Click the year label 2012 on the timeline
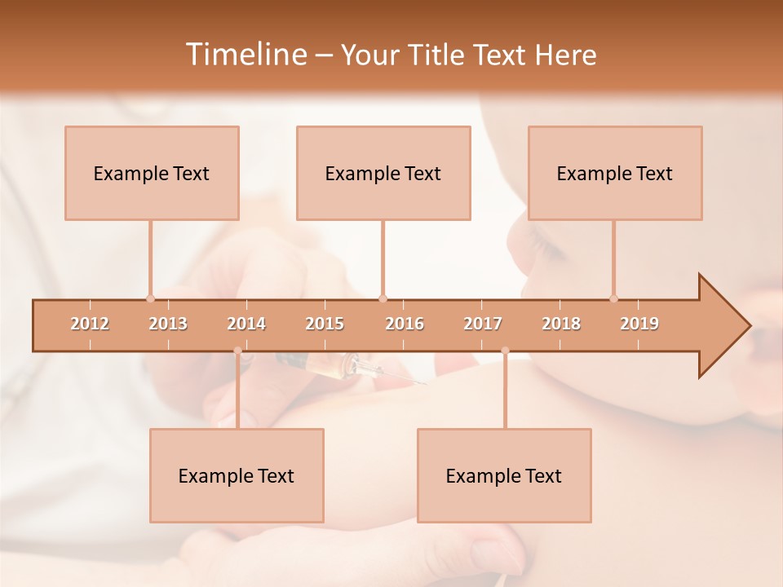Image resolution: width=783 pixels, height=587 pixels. pyautogui.click(x=90, y=324)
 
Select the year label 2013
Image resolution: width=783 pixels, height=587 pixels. pyautogui.click(x=168, y=324)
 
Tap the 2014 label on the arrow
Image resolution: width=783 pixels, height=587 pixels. pyautogui.click(x=246, y=324)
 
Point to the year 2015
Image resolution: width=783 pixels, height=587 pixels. pyautogui.click(x=325, y=324)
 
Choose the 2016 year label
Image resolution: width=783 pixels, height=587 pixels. pyautogui.click(x=405, y=324)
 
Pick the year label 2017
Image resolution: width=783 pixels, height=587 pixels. pyautogui.click(x=483, y=324)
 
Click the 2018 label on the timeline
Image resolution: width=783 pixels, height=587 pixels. pyautogui.click(x=561, y=324)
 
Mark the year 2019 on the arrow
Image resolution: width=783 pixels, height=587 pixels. pyautogui.click(x=639, y=324)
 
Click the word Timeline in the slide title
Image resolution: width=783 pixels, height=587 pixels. pyautogui.click(x=245, y=55)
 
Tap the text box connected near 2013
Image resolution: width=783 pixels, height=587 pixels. pyautogui.click(x=152, y=173)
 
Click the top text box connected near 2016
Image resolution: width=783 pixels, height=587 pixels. pyautogui.click(x=383, y=173)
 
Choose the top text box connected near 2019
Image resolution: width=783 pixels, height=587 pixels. pyautogui.click(x=615, y=173)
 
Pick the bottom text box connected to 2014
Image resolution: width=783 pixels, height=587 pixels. pyautogui.click(x=237, y=475)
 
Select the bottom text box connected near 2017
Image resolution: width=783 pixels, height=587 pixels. pyautogui.click(x=504, y=475)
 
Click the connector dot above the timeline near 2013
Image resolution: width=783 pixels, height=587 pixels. pyautogui.click(x=150, y=298)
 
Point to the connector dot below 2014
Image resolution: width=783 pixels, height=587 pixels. pyautogui.click(x=237, y=351)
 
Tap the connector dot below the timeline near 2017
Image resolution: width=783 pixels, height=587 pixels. pyautogui.click(x=505, y=351)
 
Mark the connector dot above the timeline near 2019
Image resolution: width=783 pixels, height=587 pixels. pyautogui.click(x=613, y=298)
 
